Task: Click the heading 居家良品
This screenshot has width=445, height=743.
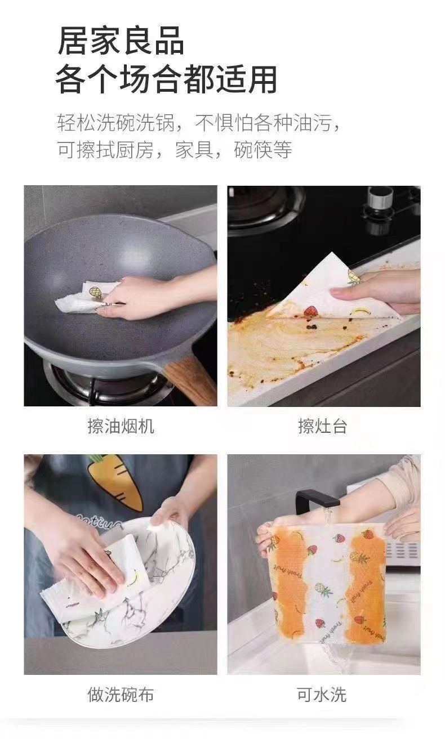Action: point(121,41)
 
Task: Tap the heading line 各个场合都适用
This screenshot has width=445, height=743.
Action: point(166,79)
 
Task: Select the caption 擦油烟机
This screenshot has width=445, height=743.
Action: point(121,426)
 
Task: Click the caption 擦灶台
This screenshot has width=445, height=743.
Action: point(323,426)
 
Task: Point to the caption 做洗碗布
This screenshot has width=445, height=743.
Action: point(121,694)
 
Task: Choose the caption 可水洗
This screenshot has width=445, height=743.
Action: point(322,695)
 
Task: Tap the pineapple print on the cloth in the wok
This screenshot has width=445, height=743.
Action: point(96,293)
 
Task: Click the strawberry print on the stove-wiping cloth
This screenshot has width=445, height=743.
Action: point(310,311)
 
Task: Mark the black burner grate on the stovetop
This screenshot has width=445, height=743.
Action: point(265,207)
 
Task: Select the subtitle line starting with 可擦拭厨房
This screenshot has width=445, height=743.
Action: point(175,150)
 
